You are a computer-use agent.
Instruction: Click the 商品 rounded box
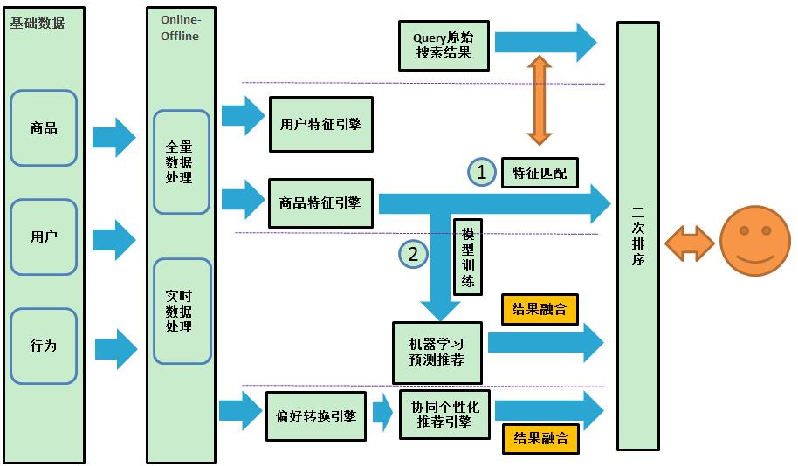click(x=44, y=128)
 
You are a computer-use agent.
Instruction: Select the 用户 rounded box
click(x=44, y=236)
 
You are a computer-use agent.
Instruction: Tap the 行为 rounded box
click(x=44, y=346)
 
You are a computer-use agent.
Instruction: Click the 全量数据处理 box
click(x=181, y=162)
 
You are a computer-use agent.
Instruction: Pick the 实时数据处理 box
click(x=181, y=312)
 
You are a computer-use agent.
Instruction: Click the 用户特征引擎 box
click(x=320, y=124)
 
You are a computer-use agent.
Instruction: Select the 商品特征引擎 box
click(x=320, y=203)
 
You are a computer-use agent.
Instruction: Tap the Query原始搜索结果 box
click(x=444, y=45)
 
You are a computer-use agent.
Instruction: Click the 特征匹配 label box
click(x=540, y=173)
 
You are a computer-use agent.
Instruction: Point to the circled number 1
click(x=481, y=172)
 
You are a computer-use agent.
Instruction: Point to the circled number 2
click(x=414, y=254)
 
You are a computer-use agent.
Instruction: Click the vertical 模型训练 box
click(x=468, y=257)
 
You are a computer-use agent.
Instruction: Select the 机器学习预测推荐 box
click(x=437, y=352)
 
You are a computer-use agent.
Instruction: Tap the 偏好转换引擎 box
click(x=315, y=416)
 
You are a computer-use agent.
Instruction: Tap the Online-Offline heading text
click(x=180, y=28)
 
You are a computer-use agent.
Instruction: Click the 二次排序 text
click(x=637, y=236)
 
